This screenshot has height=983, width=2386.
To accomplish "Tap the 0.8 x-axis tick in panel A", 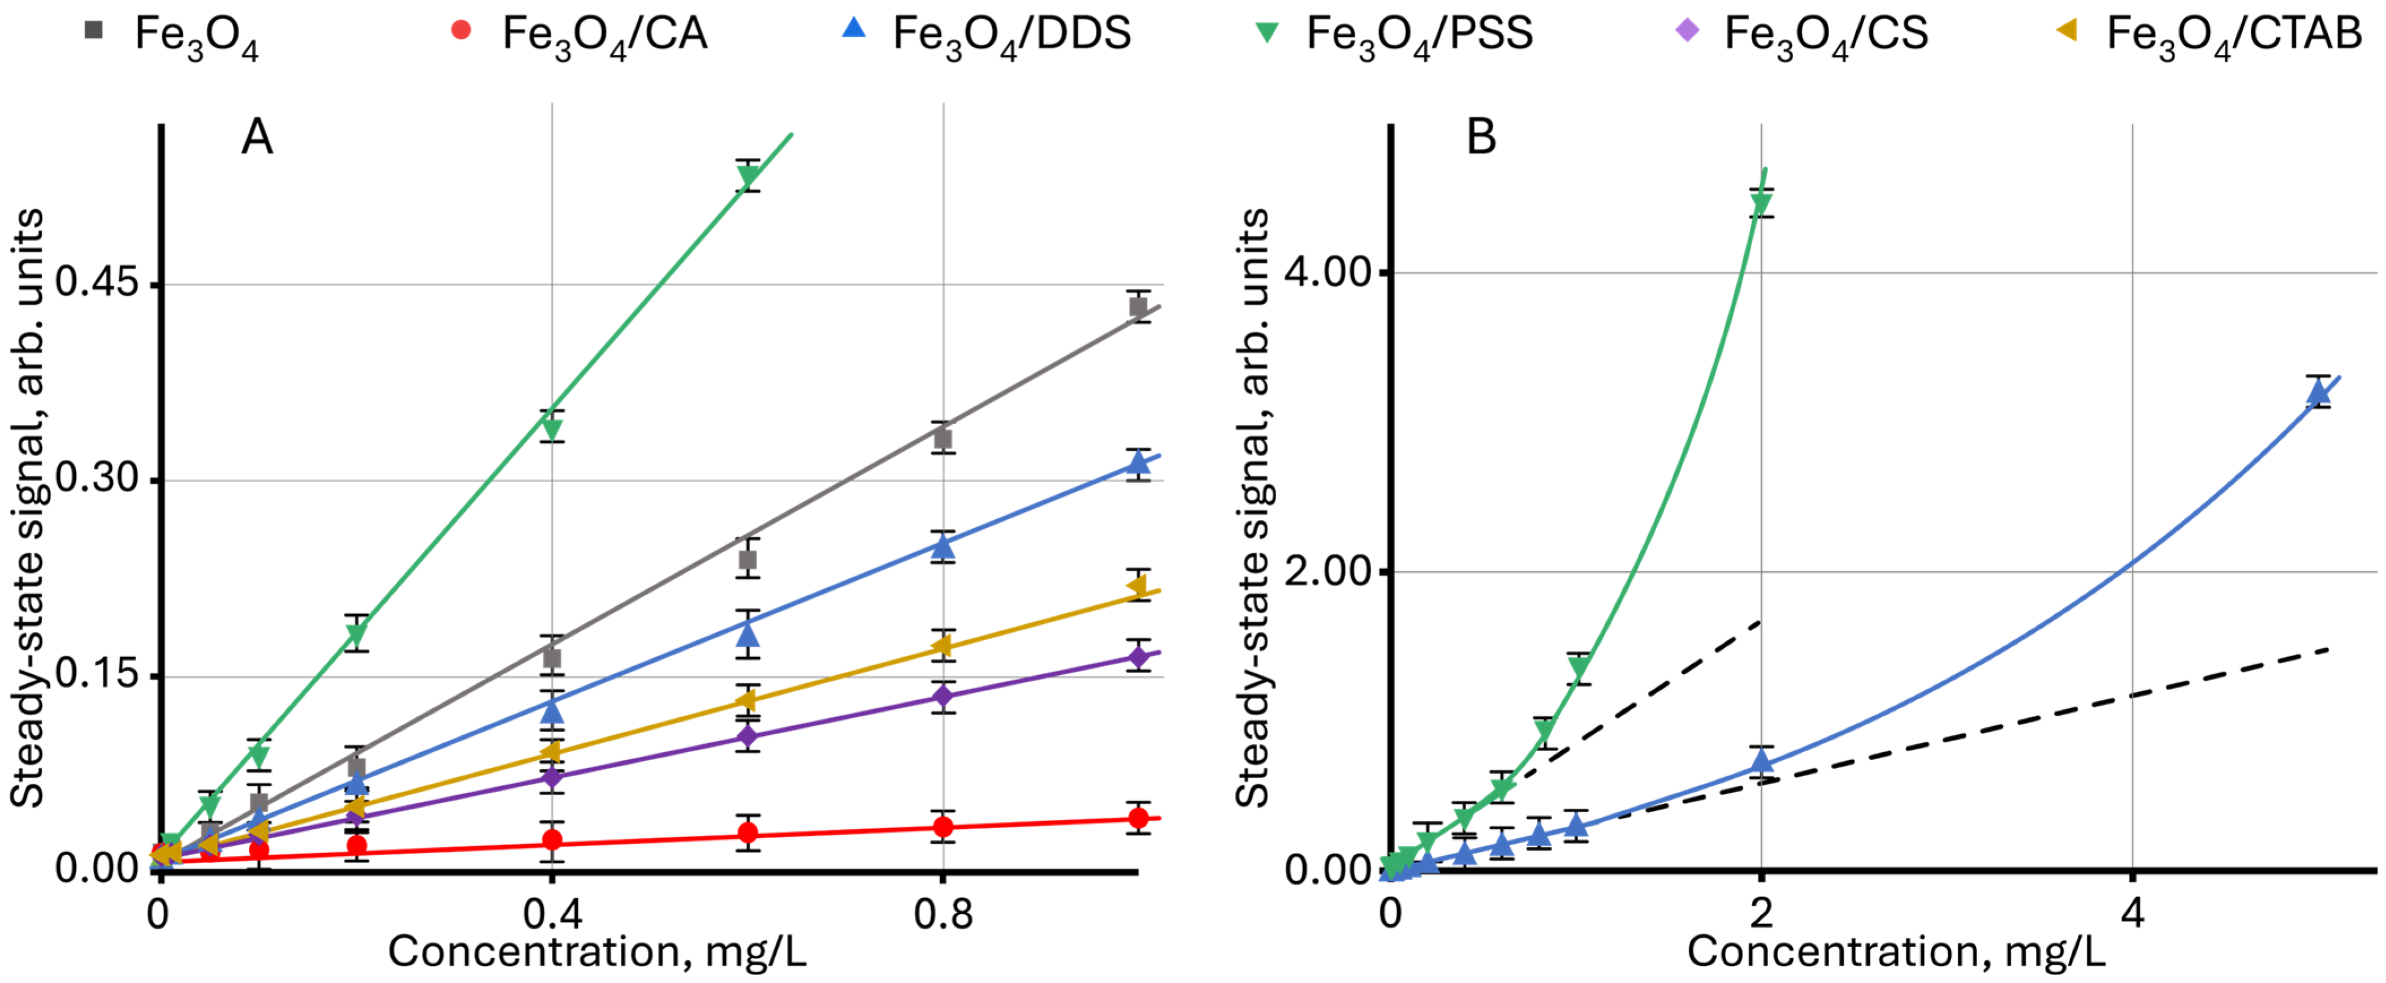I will coord(943,915).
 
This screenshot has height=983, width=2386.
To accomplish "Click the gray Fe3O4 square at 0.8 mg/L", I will coord(943,439).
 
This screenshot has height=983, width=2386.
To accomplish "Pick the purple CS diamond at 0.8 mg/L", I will coord(943,696).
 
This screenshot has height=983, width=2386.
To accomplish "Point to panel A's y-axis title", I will coord(28,508).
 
